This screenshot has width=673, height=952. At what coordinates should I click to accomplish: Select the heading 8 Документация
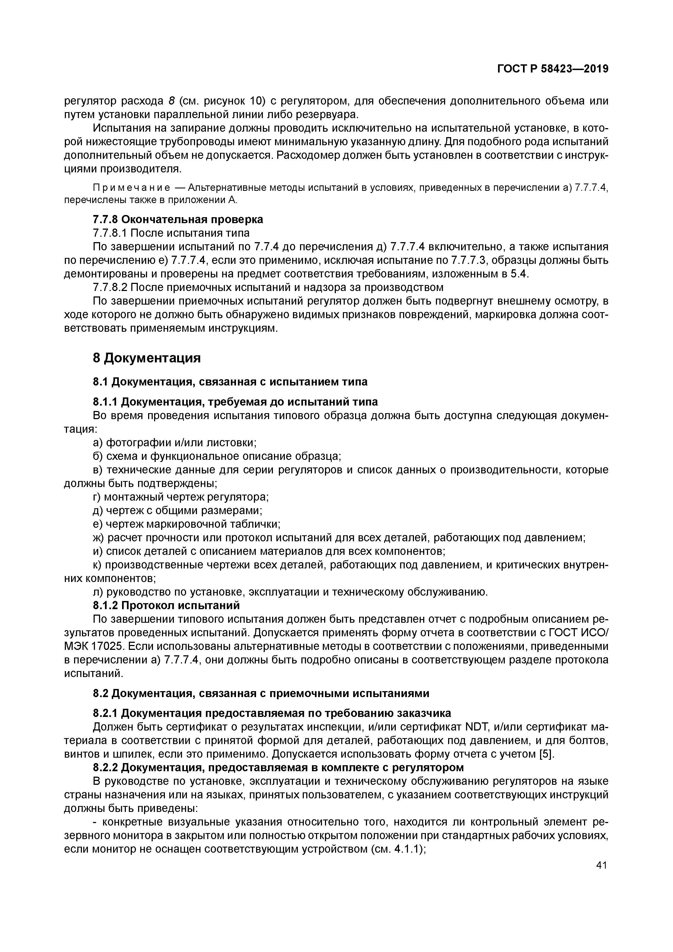click(x=147, y=358)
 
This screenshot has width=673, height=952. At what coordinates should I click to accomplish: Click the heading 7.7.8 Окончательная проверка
click(x=178, y=219)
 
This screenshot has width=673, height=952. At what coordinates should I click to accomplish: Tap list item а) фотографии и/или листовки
click(x=174, y=442)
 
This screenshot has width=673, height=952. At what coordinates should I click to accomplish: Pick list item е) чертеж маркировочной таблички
click(x=186, y=524)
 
